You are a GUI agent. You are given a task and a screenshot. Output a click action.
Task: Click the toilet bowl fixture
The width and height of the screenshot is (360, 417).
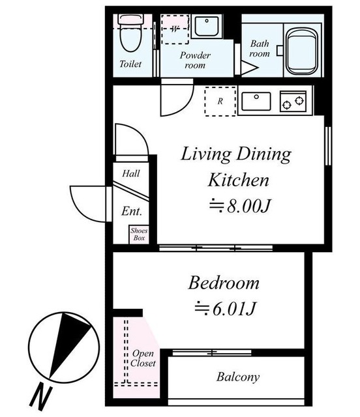130,33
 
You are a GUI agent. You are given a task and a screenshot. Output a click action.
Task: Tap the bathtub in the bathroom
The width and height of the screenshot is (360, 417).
302,51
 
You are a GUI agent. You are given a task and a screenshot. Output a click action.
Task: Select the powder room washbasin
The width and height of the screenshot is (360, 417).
207,26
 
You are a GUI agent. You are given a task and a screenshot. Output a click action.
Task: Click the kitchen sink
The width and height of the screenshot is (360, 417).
256,102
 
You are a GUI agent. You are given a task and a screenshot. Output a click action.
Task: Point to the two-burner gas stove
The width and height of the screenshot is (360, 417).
293,101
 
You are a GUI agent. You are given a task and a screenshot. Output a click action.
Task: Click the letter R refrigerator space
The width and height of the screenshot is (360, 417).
220,102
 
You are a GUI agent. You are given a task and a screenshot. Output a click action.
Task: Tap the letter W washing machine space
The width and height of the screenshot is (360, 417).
175,29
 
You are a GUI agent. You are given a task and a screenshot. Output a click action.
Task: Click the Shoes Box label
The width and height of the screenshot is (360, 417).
139,235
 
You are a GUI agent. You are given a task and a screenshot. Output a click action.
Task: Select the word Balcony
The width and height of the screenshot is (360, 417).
238,377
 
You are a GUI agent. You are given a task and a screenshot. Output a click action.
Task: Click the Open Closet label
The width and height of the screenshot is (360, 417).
143,358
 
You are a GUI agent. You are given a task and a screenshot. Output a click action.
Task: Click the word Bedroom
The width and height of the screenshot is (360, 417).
224,283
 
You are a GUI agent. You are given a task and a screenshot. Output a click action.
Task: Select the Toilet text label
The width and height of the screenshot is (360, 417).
130,64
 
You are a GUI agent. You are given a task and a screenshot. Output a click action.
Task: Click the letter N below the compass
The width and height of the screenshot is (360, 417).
40,397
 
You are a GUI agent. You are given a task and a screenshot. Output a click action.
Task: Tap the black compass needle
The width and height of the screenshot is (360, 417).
68,343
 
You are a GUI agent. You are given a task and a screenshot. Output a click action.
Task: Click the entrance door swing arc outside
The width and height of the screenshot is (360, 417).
80,210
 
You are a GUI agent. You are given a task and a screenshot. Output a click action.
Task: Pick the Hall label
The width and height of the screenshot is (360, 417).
131,174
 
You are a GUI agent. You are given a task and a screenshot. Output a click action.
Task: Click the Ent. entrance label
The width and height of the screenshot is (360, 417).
132,211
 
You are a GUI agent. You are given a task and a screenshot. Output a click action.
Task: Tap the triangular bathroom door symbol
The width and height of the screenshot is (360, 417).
248,68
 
